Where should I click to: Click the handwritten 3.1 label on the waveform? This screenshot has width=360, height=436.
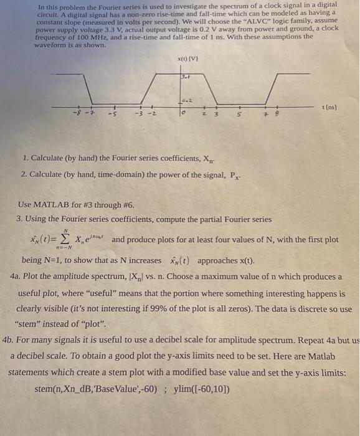[184, 77]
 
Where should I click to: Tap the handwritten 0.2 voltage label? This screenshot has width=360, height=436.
[186, 100]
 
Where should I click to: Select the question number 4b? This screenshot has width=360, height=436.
[11, 341]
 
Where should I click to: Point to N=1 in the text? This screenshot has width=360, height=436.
[58, 260]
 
